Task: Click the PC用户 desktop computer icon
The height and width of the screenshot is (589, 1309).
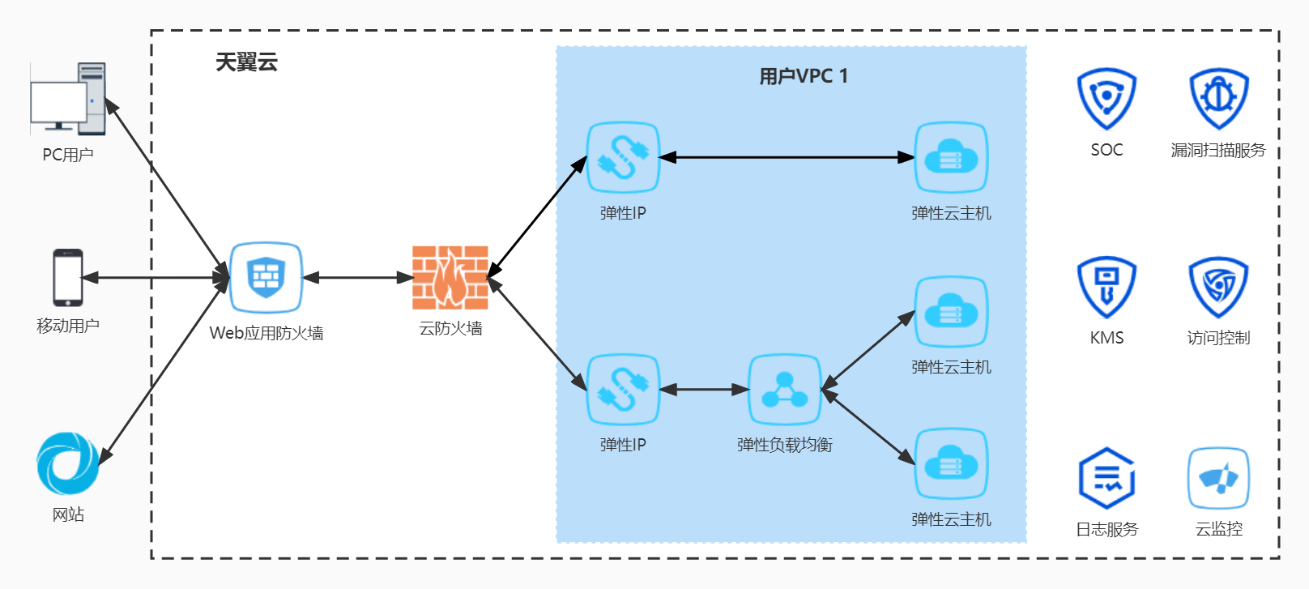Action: pyautogui.click(x=68, y=100)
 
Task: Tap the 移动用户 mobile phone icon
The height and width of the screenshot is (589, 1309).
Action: pyautogui.click(x=68, y=278)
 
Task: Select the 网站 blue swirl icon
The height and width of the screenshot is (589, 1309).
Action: pyautogui.click(x=68, y=463)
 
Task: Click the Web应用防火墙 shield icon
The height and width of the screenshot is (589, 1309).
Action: pyautogui.click(x=266, y=277)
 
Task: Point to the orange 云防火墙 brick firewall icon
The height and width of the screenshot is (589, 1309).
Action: pyautogui.click(x=450, y=278)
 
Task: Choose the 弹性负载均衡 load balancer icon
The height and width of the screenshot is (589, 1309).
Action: pyautogui.click(x=784, y=390)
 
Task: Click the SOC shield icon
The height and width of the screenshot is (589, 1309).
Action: pyautogui.click(x=1106, y=99)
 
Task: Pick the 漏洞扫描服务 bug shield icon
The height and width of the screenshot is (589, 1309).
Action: pyautogui.click(x=1218, y=99)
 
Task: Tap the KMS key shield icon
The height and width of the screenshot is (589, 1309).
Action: pyautogui.click(x=1106, y=287)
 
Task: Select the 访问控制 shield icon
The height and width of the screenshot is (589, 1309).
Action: pyautogui.click(x=1218, y=287)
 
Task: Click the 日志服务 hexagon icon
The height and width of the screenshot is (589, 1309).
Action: pyautogui.click(x=1106, y=478)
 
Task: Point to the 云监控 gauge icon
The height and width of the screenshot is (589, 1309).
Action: pyautogui.click(x=1218, y=478)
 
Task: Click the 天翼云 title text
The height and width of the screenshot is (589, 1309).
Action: pyautogui.click(x=246, y=62)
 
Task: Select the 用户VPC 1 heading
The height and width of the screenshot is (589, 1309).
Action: pyautogui.click(x=803, y=76)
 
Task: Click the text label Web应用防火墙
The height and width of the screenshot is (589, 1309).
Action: pyautogui.click(x=266, y=333)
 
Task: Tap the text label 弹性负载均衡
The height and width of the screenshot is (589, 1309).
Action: pyautogui.click(x=784, y=445)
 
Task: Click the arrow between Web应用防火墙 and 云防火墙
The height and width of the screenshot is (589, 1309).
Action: pyautogui.click(x=358, y=278)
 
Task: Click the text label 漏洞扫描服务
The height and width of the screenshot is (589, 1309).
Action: pyautogui.click(x=1218, y=150)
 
